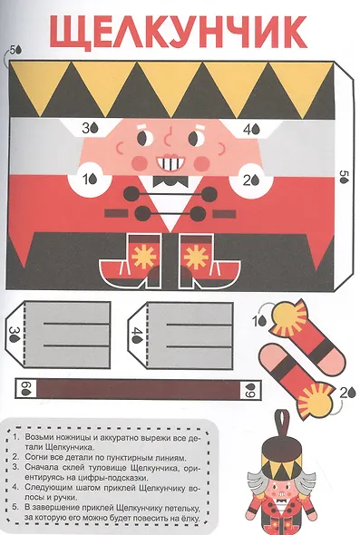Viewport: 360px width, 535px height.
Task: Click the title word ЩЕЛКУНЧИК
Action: point(179,32)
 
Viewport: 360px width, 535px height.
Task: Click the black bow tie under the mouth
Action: point(170,181)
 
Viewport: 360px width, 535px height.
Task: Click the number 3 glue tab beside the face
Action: point(91,128)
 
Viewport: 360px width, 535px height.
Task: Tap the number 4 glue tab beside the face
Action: point(251,130)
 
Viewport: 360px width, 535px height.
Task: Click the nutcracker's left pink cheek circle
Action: point(140,163)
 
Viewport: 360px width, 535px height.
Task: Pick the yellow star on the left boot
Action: point(143,256)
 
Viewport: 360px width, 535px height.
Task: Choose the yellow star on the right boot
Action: point(196,256)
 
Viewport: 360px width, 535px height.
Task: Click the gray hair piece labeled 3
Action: point(58,335)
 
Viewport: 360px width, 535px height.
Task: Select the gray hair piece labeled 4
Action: point(180,336)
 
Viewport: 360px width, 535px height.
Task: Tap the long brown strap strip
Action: point(138,389)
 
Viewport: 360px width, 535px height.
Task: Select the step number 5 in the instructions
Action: point(15,508)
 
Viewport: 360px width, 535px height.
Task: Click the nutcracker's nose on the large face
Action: point(168,137)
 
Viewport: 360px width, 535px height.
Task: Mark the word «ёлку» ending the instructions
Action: point(188,519)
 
